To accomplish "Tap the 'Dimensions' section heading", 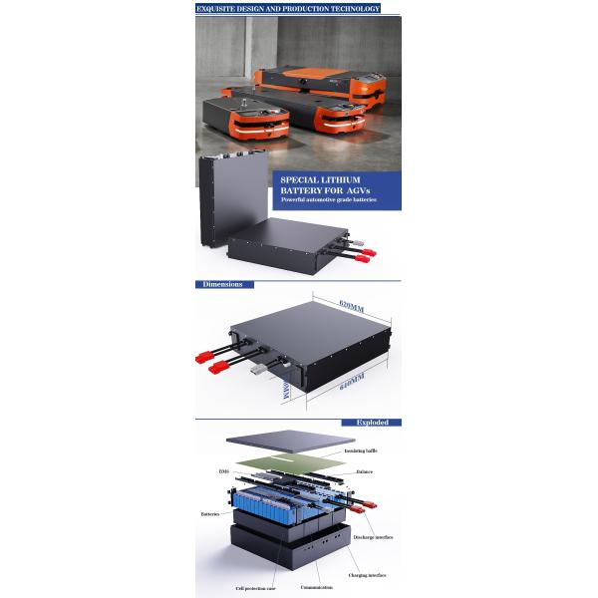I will coord(222,284).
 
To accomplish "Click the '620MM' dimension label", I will coord(352,302).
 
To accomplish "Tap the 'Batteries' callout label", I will coord(210,514).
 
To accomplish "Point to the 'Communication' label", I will coord(317,588).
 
